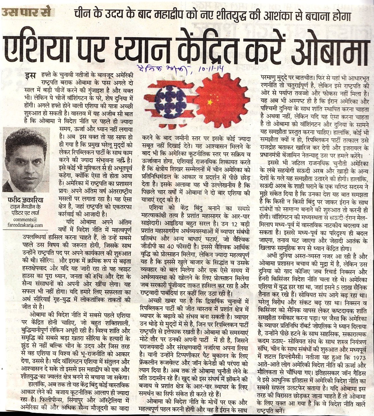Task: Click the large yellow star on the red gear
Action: pyautogui.click(x=209, y=103)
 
